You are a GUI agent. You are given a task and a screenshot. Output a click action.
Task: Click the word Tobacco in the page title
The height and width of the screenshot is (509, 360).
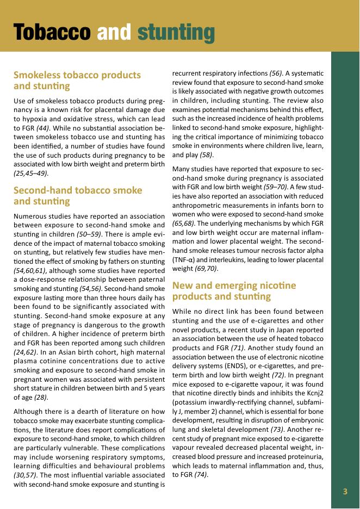tap(52, 32)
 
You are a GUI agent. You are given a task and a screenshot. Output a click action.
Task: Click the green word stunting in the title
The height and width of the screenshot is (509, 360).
tap(176, 32)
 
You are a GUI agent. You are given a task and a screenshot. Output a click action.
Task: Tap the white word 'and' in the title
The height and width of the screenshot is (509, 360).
tap(114, 32)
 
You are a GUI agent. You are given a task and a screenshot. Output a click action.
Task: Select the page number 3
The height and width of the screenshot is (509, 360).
tap(345, 492)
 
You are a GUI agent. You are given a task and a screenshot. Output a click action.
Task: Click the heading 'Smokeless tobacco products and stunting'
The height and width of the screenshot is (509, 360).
tap(77, 80)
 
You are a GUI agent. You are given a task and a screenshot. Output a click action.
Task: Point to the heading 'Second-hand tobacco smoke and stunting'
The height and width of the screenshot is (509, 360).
tap(78, 196)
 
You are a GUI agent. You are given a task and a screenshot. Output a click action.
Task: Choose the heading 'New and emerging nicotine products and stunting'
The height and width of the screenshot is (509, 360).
tap(234, 290)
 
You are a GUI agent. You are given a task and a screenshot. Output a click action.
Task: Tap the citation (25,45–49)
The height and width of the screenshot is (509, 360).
tap(31, 173)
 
